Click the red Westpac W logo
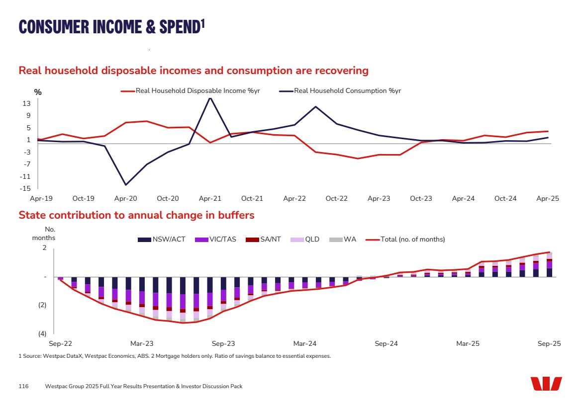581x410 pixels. pos(546,384)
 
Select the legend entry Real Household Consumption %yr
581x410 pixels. pos(347,91)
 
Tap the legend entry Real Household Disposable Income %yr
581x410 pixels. pos(197,91)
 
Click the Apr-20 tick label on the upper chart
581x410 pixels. pos(125,198)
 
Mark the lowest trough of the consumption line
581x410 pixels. pos(125,185)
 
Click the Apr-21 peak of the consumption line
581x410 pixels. pos(210,98)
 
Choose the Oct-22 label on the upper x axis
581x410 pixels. pos(336,198)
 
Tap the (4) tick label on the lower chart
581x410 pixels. pos(42,333)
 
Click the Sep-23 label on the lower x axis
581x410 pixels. pos(223,343)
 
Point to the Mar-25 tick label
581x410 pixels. pos(468,343)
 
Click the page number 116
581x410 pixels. pos(23,386)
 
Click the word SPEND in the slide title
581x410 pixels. pos(178,26)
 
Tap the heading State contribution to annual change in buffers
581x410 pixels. pos(136,215)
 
